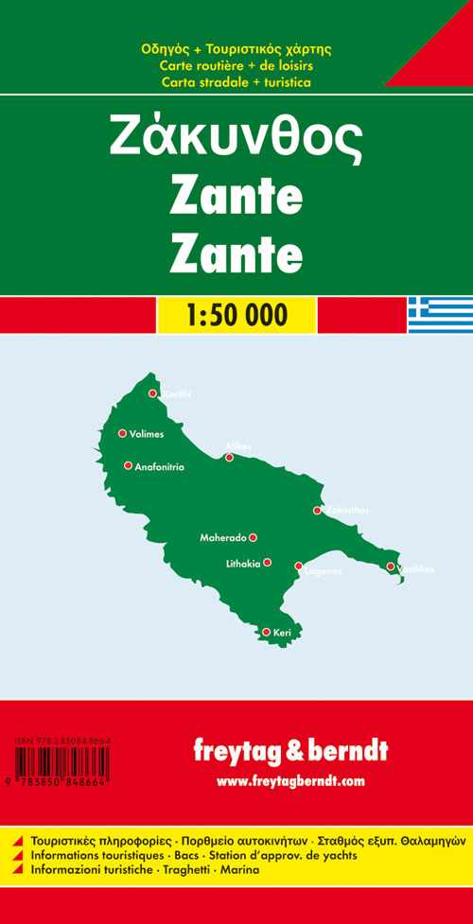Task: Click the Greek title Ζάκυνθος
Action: (x=236, y=137)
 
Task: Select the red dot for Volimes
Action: (x=122, y=434)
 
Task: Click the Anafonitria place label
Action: (x=159, y=466)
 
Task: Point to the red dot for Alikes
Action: (x=229, y=458)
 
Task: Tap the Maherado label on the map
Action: (x=222, y=538)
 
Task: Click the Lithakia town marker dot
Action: (x=268, y=563)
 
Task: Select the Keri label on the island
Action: (x=282, y=632)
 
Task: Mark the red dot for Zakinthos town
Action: (x=318, y=511)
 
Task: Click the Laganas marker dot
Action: (x=299, y=567)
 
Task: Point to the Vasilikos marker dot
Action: (x=391, y=567)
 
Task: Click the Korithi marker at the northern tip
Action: (x=152, y=394)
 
